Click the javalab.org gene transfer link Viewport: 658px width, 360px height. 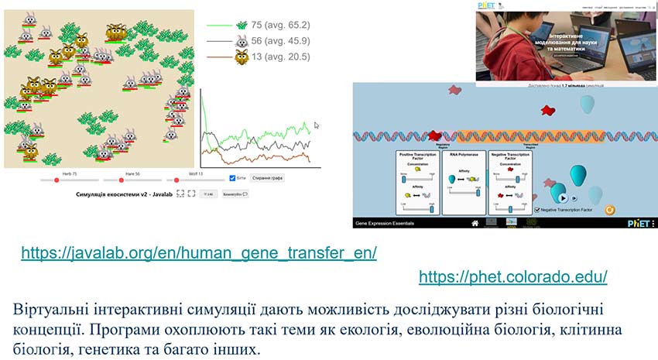click(199, 253)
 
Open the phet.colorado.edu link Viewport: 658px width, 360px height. click(512, 276)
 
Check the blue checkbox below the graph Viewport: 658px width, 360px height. click(234, 178)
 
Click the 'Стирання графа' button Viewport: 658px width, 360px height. click(266, 178)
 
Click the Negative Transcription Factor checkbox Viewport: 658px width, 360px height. click(538, 209)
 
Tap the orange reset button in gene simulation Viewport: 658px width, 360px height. click(609, 209)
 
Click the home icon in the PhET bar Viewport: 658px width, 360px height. click(475, 223)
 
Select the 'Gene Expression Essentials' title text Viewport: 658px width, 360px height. click(385, 223)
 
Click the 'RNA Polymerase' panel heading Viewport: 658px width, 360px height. click(464, 154)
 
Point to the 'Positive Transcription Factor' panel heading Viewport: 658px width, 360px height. click(418, 156)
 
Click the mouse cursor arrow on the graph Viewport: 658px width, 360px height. click(317, 124)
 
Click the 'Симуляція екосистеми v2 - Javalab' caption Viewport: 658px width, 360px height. click(124, 194)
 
